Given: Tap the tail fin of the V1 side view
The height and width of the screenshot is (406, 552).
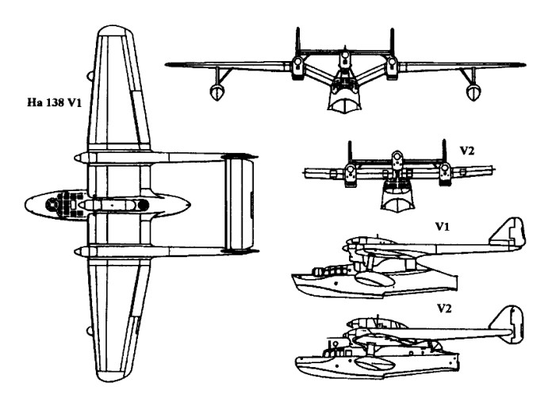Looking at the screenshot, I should click(504, 235).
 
